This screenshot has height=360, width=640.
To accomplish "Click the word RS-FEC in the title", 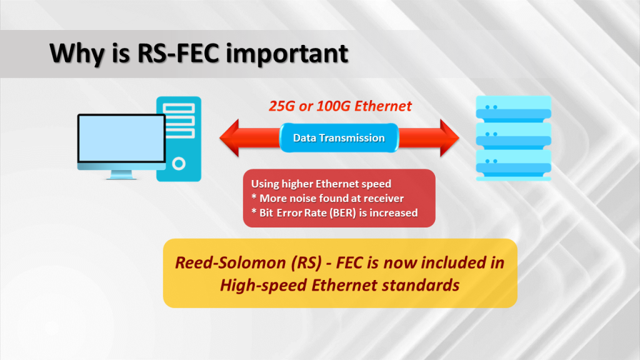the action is (x=178, y=53).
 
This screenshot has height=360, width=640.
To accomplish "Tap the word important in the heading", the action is (x=287, y=54).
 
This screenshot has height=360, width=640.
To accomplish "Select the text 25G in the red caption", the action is (x=282, y=106).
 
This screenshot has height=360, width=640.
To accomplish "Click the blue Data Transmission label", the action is (x=339, y=138).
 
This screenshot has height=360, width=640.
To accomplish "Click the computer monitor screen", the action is (x=122, y=138).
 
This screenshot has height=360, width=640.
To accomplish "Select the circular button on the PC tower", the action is (x=179, y=164).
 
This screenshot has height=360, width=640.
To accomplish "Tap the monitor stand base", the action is (x=121, y=177).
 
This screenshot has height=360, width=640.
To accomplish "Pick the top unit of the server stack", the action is (x=514, y=109).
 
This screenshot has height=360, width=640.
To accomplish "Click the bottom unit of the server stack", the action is (x=514, y=165).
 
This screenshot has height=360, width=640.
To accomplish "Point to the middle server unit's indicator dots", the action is (x=491, y=134).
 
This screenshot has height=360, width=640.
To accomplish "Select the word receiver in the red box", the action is (x=384, y=198).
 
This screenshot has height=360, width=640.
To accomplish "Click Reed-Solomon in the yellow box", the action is (x=231, y=262).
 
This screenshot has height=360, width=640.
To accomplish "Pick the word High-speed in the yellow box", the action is (x=264, y=285).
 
